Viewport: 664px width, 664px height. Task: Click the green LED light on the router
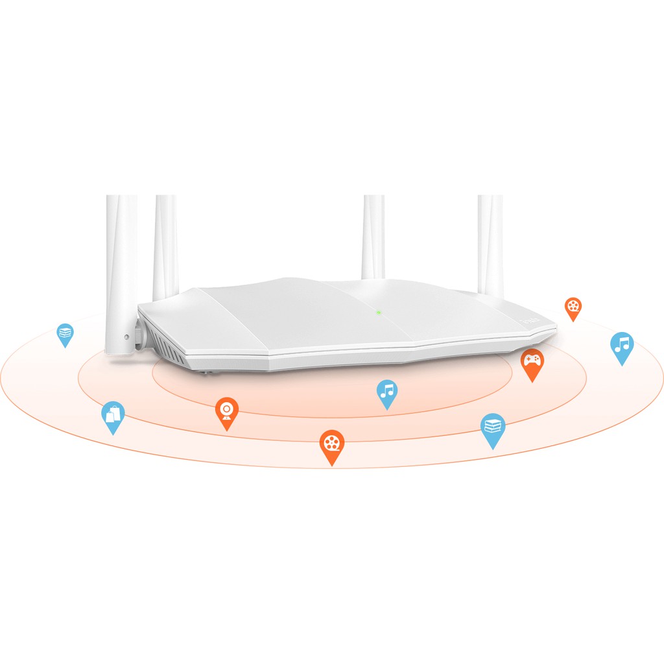point(379,312)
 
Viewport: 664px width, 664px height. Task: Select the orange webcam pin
point(227,412)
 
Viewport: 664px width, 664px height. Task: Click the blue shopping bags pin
point(113,416)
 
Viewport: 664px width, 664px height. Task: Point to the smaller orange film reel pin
point(573,308)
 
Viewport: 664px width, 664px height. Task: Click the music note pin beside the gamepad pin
point(622,346)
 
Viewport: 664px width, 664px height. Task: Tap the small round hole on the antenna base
point(126,337)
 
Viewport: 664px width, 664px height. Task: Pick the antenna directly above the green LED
point(373,237)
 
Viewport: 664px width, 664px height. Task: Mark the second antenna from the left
point(165,246)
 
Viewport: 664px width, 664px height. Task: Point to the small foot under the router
point(206,372)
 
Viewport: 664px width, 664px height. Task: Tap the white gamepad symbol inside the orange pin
point(532,359)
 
